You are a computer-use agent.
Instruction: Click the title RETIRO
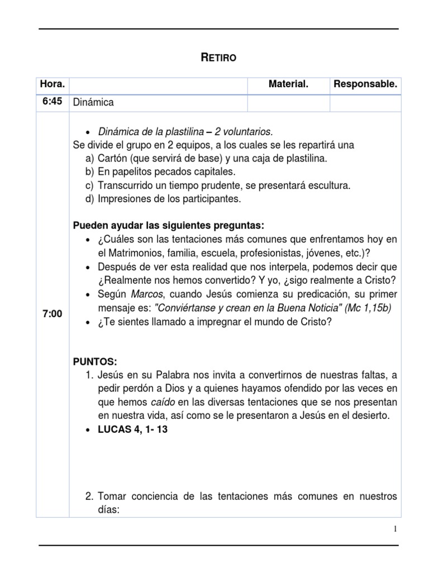pyautogui.click(x=218, y=58)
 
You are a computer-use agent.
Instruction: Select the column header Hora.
pyautogui.click(x=52, y=85)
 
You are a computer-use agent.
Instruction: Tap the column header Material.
pyautogui.click(x=288, y=85)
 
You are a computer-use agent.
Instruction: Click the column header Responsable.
pyautogui.click(x=365, y=85)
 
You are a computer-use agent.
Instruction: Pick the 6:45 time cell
pyautogui.click(x=51, y=102)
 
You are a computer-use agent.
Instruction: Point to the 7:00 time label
pyautogui.click(x=52, y=314)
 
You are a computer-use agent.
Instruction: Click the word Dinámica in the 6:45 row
pyautogui.click(x=93, y=103)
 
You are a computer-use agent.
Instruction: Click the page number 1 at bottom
pyautogui.click(x=395, y=530)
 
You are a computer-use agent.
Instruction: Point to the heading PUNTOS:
pyautogui.click(x=95, y=361)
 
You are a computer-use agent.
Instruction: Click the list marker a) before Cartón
pyautogui.click(x=90, y=159)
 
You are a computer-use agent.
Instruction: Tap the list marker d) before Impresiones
pyautogui.click(x=90, y=199)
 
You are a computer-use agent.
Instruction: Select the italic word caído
pyautogui.click(x=165, y=402)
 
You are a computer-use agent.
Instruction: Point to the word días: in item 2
pyautogui.click(x=109, y=509)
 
